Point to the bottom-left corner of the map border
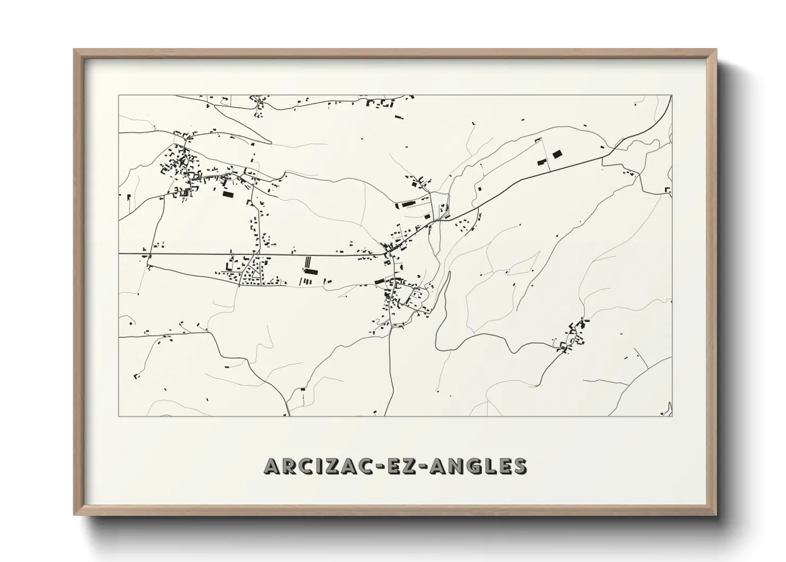[119, 416]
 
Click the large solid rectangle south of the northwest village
[228, 195]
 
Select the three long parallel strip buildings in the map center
[307, 264]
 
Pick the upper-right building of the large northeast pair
[557, 154]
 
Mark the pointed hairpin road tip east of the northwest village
[271, 142]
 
